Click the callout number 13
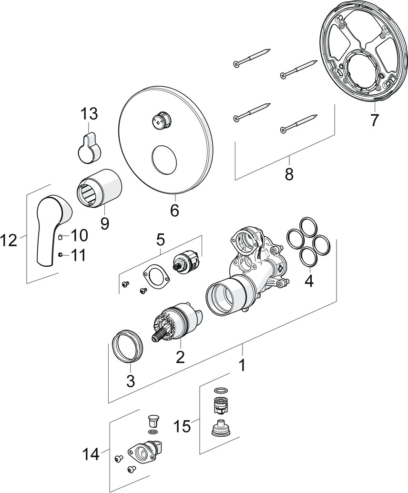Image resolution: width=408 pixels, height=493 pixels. point(89,114)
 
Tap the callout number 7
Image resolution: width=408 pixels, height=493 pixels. point(374,120)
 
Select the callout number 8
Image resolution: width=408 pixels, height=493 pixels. point(289,174)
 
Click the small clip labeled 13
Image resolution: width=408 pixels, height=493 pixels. point(89,148)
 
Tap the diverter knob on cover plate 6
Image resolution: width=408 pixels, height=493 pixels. point(160,122)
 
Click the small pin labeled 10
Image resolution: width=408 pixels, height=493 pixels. point(60,237)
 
